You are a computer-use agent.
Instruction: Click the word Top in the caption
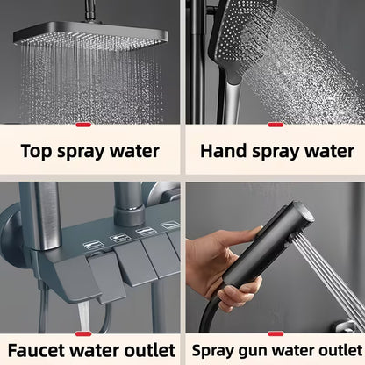pyautogui.click(x=37, y=151)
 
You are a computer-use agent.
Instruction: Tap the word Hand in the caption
pyautogui.click(x=223, y=151)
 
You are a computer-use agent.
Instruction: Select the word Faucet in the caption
pyautogui.click(x=36, y=350)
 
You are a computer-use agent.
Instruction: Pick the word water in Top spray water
pyautogui.click(x=134, y=152)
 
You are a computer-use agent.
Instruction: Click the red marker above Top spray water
pyautogui.click(x=83, y=125)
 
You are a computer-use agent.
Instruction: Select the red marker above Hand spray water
pyautogui.click(x=276, y=125)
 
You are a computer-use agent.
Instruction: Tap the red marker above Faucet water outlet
pyautogui.click(x=83, y=334)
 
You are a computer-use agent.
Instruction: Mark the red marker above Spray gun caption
pyautogui.click(x=276, y=334)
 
